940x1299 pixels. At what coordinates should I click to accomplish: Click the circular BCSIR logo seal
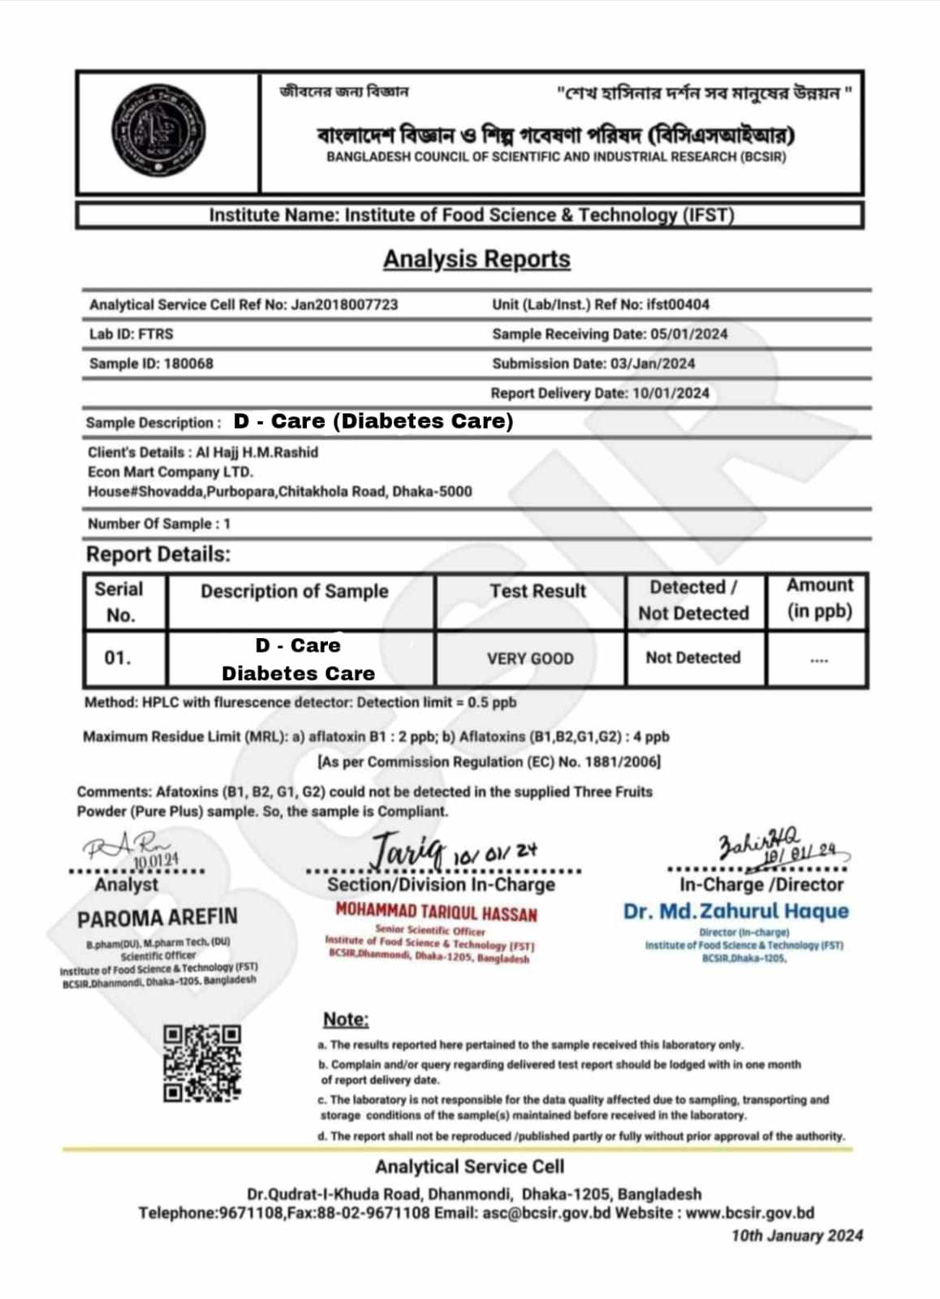[x=157, y=132]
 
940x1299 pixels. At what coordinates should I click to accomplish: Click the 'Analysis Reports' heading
[x=476, y=259]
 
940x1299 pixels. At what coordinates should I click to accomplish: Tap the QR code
[x=202, y=1063]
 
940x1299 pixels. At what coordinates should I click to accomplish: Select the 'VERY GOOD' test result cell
[x=530, y=658]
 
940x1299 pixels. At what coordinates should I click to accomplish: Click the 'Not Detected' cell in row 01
[x=693, y=658]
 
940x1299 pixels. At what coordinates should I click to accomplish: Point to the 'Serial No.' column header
[x=119, y=602]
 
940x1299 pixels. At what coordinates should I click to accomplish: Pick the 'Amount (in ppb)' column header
[x=819, y=598]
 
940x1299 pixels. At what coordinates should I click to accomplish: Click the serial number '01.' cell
[x=118, y=658]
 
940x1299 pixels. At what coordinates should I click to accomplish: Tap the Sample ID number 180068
[x=188, y=364]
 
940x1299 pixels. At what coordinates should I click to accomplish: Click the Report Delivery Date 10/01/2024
[x=671, y=393]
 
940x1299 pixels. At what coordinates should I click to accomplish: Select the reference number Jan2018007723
[x=344, y=304]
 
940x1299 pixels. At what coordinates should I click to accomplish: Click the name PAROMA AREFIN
[x=157, y=918]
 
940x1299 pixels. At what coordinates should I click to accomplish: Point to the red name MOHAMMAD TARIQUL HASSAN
[x=436, y=913]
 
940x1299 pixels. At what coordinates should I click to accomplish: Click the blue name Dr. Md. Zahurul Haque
[x=735, y=911]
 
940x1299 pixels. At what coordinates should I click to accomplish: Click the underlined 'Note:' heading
[x=346, y=1019]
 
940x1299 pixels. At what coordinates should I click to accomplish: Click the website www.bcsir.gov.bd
[x=749, y=1213]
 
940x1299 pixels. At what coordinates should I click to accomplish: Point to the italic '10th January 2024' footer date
[x=796, y=1236]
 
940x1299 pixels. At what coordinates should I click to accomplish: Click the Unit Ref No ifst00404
[x=678, y=304]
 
